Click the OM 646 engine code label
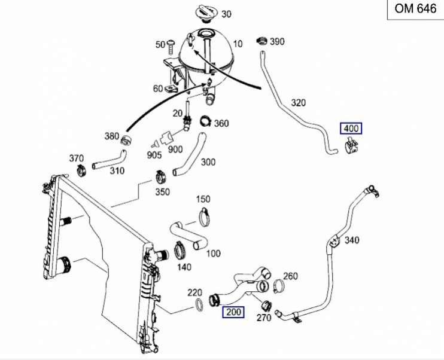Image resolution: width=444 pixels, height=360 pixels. [415, 10]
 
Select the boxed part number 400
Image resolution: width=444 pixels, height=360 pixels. [351, 128]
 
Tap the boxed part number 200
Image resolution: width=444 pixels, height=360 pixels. [233, 312]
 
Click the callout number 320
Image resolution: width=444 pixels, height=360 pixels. [299, 102]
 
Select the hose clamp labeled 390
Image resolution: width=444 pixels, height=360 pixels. [261, 42]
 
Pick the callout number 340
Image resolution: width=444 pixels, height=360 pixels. [352, 240]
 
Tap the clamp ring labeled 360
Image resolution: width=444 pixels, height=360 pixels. [205, 121]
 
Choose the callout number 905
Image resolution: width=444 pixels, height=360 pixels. [154, 155]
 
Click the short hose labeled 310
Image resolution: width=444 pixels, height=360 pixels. [110, 160]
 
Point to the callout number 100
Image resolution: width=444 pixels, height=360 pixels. [213, 254]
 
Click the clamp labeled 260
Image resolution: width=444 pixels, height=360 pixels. [278, 287]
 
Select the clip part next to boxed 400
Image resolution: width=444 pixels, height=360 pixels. [352, 147]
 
